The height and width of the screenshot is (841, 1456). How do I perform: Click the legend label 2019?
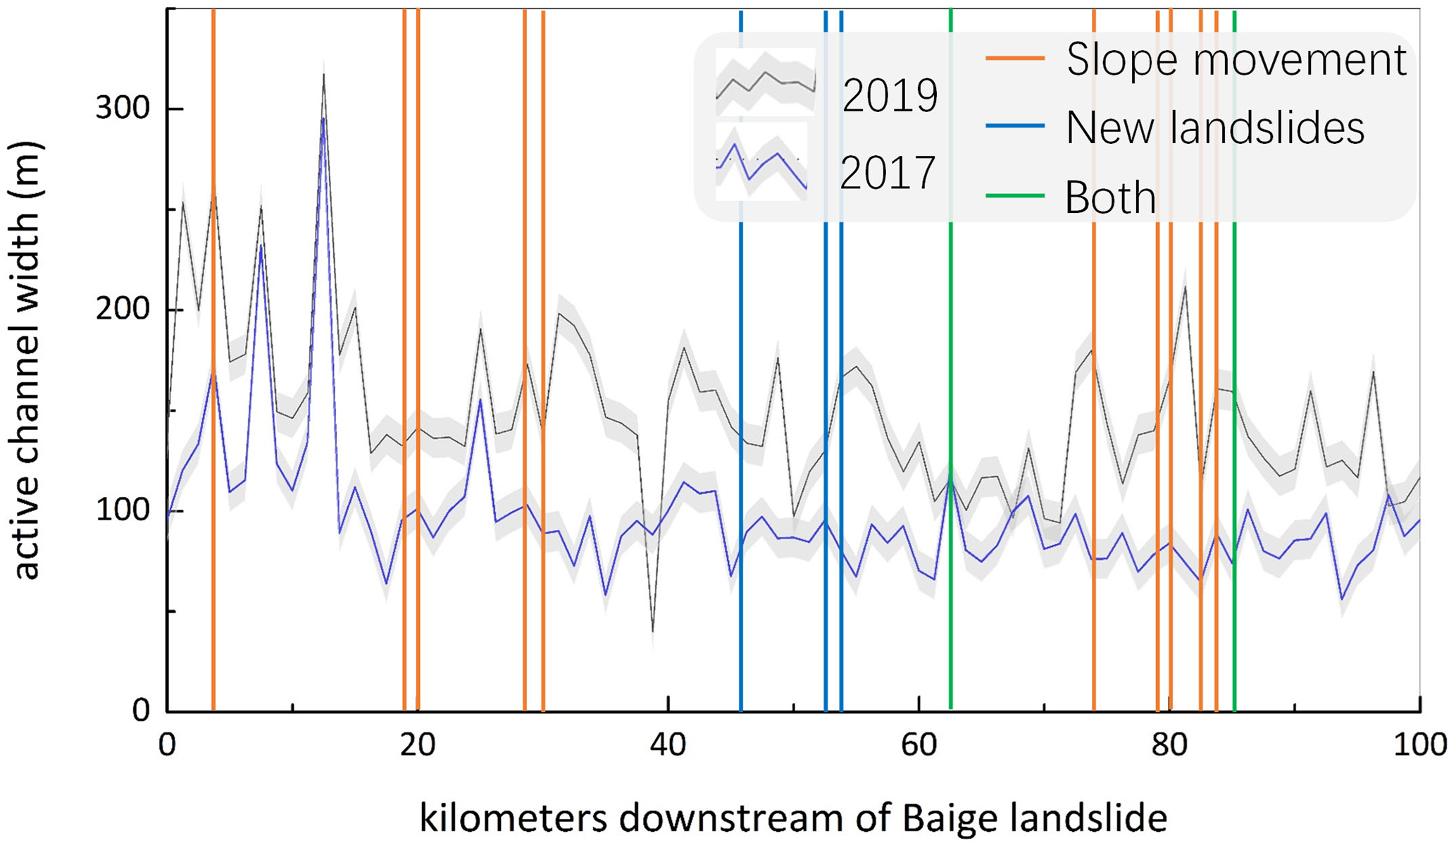point(890,96)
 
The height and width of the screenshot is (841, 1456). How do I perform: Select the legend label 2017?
point(888,173)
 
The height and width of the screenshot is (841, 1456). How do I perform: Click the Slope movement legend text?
point(1236,59)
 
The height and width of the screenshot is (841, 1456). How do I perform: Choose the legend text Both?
point(1110,197)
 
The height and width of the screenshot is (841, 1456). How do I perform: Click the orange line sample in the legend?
point(1014,59)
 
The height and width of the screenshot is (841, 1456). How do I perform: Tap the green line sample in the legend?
point(1014,197)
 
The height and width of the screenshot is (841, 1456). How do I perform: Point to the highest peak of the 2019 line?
point(323,74)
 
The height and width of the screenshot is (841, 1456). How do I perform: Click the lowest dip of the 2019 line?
point(653,631)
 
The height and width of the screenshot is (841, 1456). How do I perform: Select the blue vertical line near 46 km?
point(741,458)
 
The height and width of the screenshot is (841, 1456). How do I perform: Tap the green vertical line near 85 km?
point(1234,458)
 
